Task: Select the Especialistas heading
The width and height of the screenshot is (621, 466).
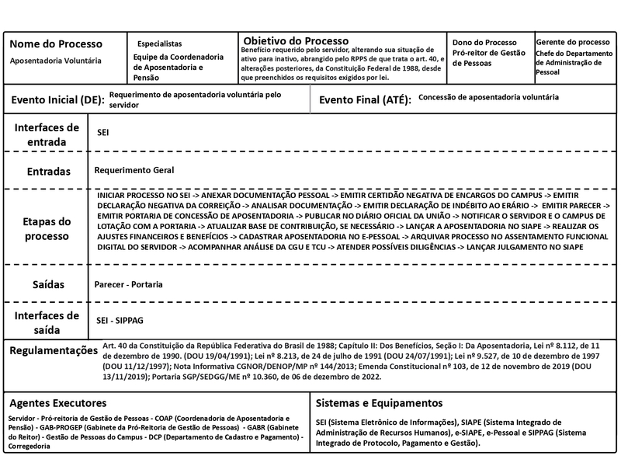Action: point(159,44)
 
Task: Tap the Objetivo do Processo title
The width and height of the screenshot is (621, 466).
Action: point(296,40)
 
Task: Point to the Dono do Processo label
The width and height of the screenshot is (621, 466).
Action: point(484,42)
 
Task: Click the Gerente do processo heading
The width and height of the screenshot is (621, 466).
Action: point(573,41)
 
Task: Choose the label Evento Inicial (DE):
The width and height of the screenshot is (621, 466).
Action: point(57,100)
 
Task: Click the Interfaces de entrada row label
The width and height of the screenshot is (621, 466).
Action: point(47,134)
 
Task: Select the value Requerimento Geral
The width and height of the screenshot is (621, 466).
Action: point(134,170)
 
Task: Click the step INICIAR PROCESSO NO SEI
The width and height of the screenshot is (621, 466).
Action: point(144,196)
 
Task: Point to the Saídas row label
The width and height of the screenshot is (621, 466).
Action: point(47,284)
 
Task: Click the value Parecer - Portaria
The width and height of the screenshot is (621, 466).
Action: point(129,284)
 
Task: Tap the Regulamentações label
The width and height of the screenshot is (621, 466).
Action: point(54,351)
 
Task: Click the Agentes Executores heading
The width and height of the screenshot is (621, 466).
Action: point(58,403)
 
